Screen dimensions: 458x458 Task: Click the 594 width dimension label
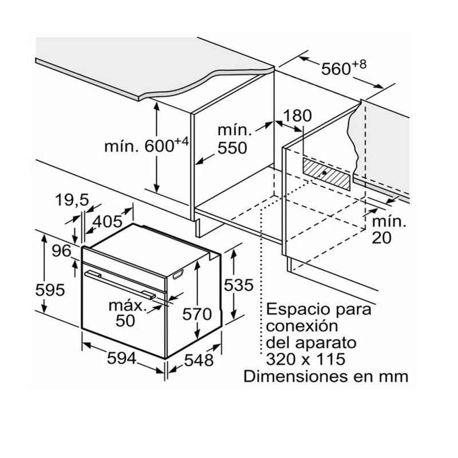point(121,358)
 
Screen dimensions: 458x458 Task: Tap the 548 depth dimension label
point(199,360)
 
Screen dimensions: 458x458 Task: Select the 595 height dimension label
point(50,290)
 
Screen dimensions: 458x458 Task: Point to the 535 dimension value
point(239,285)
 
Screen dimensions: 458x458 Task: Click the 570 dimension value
point(197,314)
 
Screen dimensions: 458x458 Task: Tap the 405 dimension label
point(107,222)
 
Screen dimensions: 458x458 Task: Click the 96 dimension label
point(62,251)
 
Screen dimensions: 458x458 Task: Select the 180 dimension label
point(297,116)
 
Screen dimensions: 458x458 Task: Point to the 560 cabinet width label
point(343,68)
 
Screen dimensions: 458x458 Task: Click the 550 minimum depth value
point(232,148)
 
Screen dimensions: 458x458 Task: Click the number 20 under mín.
point(381,238)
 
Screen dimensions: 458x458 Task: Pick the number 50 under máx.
point(125,321)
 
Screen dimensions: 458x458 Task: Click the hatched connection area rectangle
point(326,174)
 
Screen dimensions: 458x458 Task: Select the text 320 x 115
point(306,359)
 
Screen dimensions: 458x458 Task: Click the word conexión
point(302,325)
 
